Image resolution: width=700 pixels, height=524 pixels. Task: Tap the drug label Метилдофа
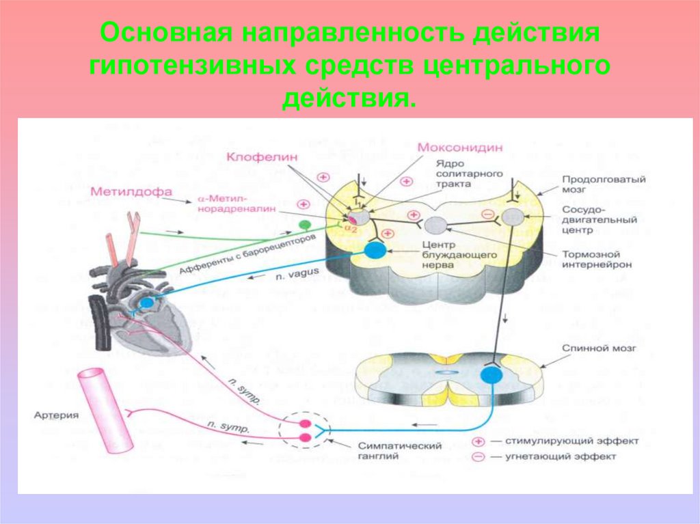130,193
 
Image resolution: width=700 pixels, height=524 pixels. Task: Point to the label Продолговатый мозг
595,185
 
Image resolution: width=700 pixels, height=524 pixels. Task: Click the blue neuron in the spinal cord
490,374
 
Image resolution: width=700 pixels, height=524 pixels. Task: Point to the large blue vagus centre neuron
375,250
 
